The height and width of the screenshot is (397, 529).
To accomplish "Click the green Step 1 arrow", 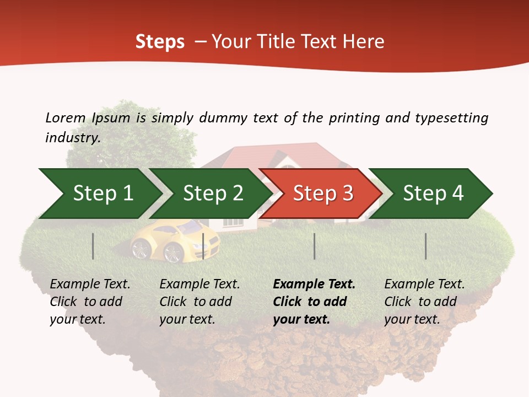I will (x=99, y=194).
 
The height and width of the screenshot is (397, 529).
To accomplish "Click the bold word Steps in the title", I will (x=160, y=41).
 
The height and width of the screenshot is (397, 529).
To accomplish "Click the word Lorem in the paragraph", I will (x=65, y=117).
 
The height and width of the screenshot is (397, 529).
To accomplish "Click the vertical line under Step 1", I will (x=93, y=246).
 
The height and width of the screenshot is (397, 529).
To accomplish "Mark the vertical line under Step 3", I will (x=314, y=246).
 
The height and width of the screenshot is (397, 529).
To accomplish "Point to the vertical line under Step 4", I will (x=425, y=246).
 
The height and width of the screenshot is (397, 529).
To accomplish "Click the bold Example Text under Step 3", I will (x=314, y=284).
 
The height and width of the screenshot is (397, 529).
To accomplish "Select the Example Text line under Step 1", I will (x=90, y=284).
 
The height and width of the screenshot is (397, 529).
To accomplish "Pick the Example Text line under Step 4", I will (x=424, y=284).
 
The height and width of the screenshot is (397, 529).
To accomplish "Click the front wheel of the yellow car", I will (x=174, y=253).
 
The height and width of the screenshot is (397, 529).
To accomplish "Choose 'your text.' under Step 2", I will (x=187, y=319).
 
